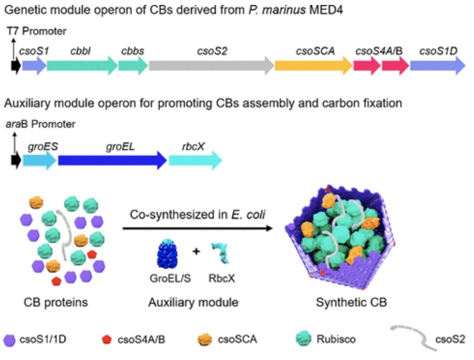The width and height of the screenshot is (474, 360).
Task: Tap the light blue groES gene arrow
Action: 39,160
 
